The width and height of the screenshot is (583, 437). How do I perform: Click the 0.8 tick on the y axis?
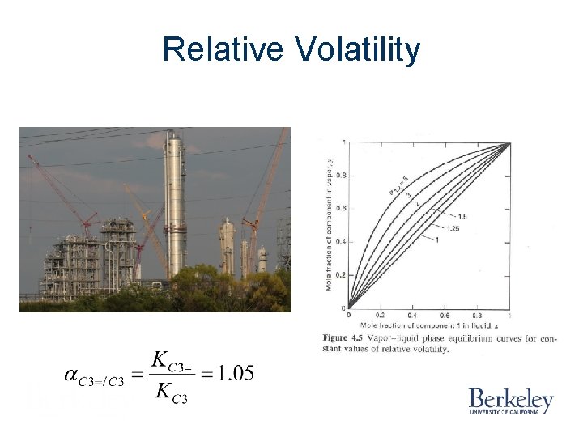(341, 176)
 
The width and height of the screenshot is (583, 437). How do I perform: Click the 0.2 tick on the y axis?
(341, 275)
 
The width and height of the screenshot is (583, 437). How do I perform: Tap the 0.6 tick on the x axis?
(445, 316)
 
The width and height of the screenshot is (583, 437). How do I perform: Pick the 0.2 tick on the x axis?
(380, 316)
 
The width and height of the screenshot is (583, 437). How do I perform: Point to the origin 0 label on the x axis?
(348, 316)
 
